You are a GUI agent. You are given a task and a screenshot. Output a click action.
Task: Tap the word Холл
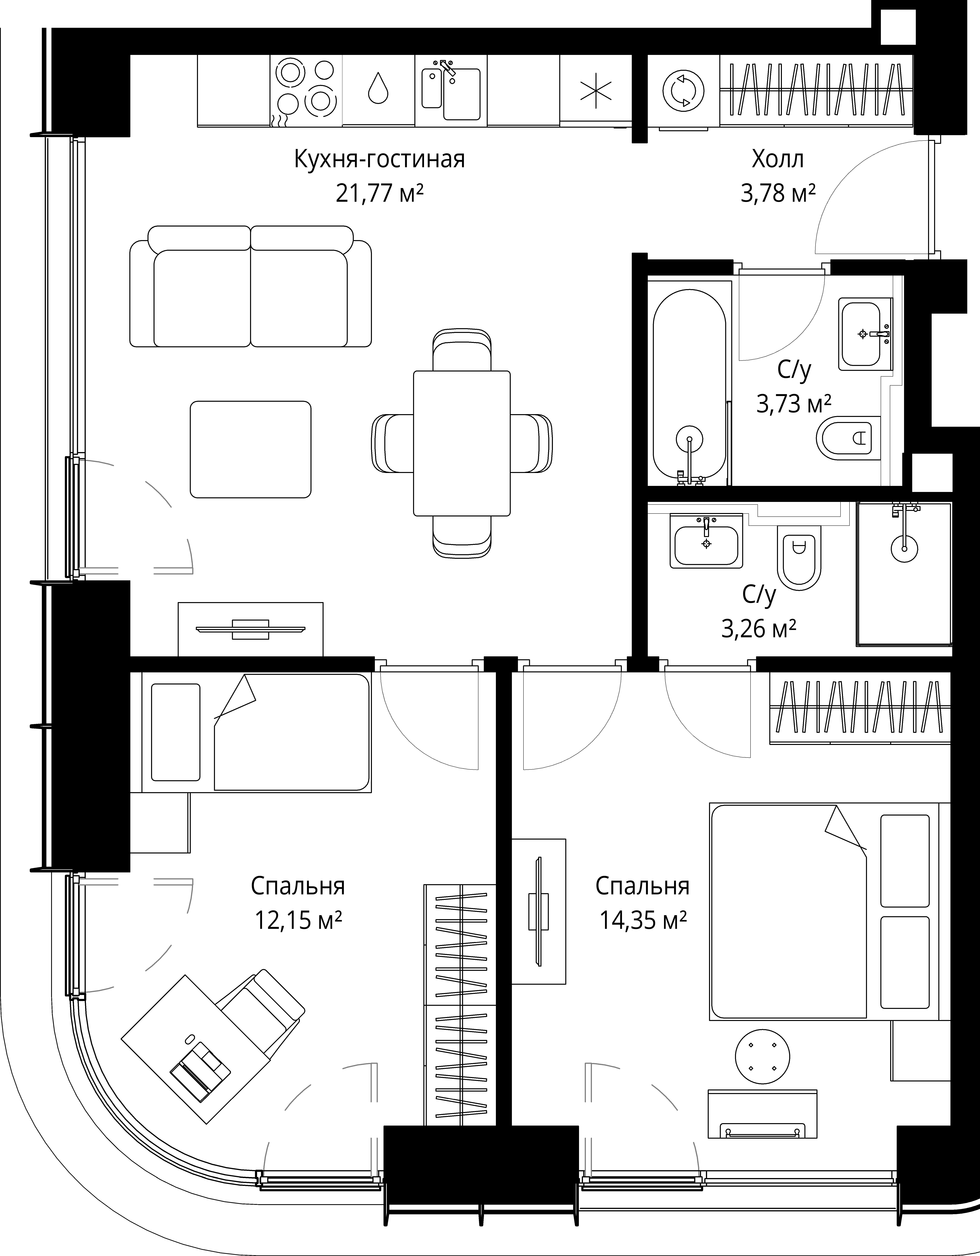tap(778, 159)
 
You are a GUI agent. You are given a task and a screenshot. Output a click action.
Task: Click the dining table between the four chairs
tap(462, 443)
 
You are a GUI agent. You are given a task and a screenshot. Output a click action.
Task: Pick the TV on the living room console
tap(250, 629)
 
